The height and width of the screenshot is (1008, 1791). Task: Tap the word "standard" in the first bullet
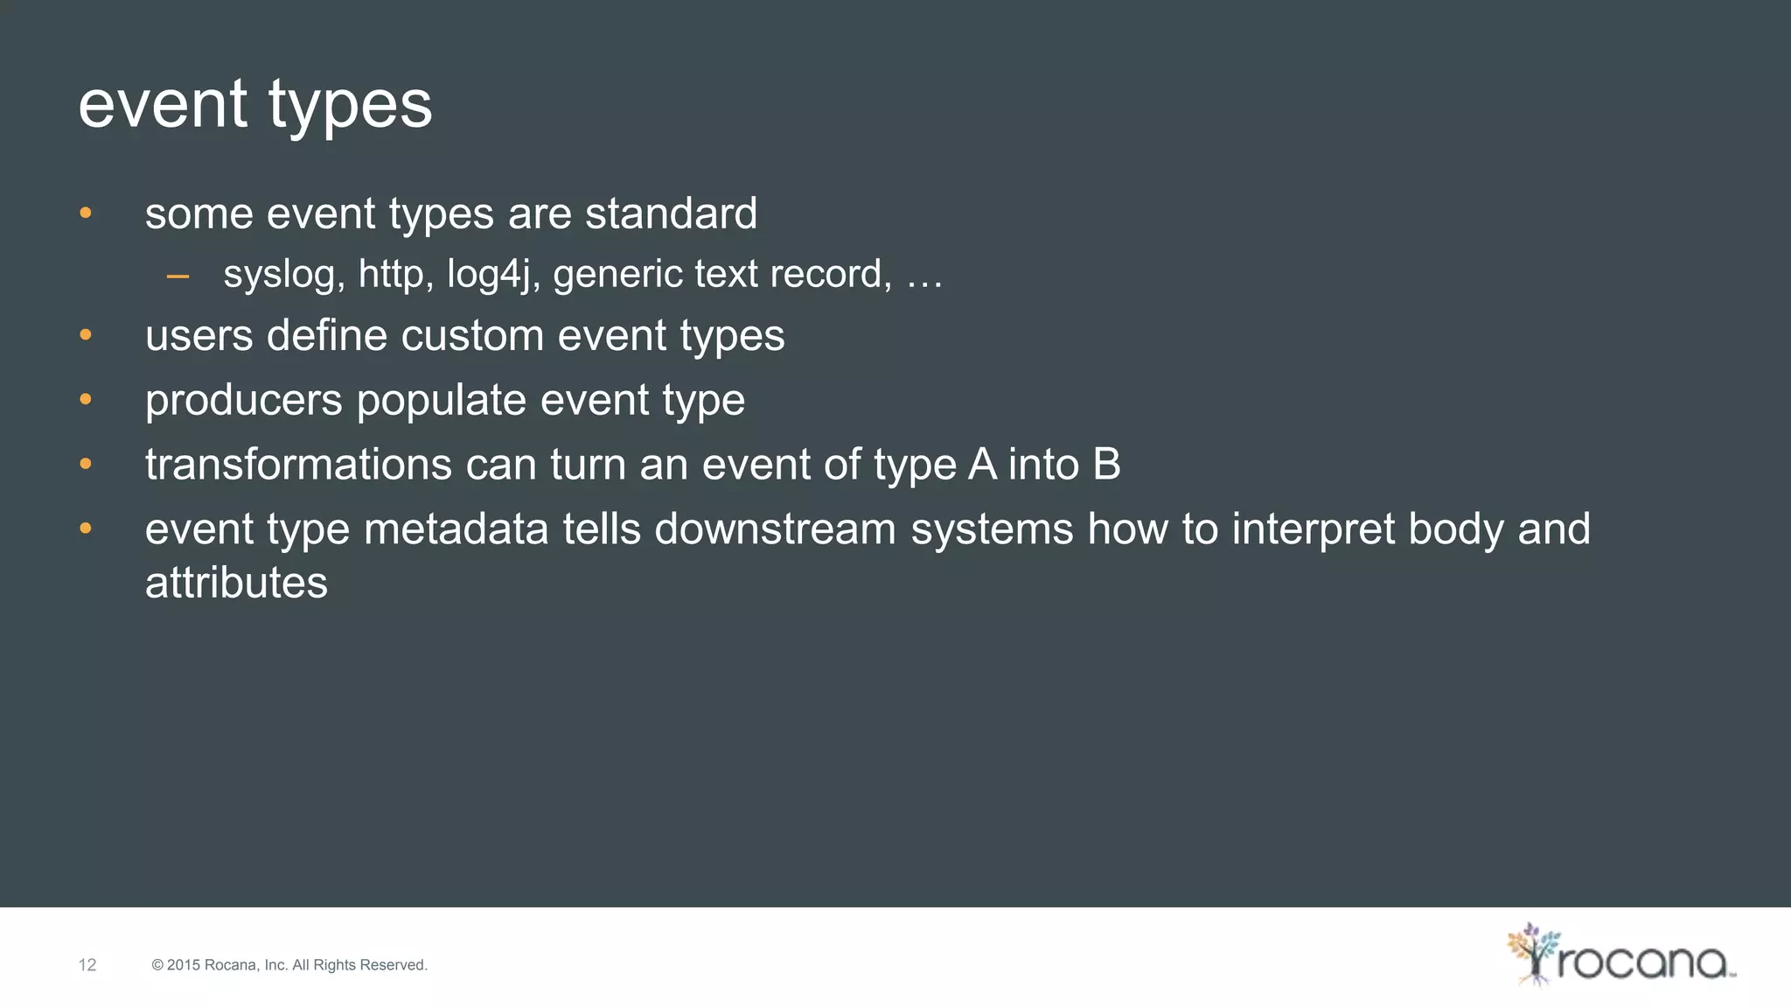point(671,213)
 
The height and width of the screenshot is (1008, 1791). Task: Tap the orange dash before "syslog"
point(178,276)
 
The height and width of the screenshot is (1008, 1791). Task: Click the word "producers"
point(243,401)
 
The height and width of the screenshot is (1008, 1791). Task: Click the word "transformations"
point(298,464)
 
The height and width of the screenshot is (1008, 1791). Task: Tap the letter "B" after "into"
point(1106,464)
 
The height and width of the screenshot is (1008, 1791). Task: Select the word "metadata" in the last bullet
point(456,528)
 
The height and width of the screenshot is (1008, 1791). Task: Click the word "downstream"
point(775,528)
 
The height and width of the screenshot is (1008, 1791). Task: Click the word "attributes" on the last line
point(236,583)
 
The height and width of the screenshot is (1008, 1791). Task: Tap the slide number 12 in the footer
point(87,965)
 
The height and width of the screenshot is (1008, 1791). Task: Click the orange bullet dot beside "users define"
point(86,335)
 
